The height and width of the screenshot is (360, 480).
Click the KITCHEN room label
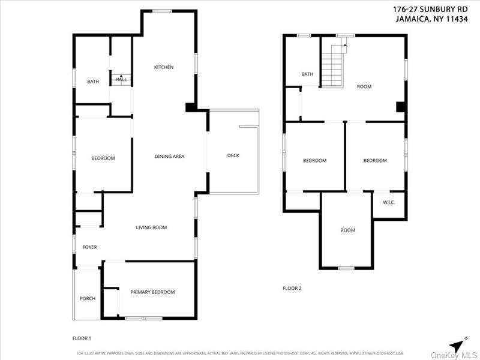click(x=164, y=67)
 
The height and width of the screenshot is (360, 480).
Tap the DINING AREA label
click(x=169, y=157)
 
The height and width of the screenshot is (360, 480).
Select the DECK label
click(x=233, y=155)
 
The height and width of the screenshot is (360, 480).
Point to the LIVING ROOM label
click(x=151, y=227)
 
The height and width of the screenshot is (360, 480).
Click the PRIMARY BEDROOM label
click(x=152, y=292)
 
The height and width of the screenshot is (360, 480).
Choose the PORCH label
click(x=88, y=299)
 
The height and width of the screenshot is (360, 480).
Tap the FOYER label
click(x=89, y=247)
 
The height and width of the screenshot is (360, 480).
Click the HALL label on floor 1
click(x=121, y=79)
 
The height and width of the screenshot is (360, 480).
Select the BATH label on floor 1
click(x=93, y=82)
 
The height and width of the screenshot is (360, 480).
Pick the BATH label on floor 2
click(x=307, y=74)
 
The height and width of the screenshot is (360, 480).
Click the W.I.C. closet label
click(x=389, y=202)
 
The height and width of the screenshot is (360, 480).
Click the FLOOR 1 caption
click(x=82, y=338)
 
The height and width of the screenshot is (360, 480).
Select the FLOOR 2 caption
click(x=292, y=289)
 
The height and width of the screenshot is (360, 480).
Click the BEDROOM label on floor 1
click(x=103, y=158)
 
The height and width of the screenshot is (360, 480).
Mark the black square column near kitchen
click(x=190, y=107)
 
